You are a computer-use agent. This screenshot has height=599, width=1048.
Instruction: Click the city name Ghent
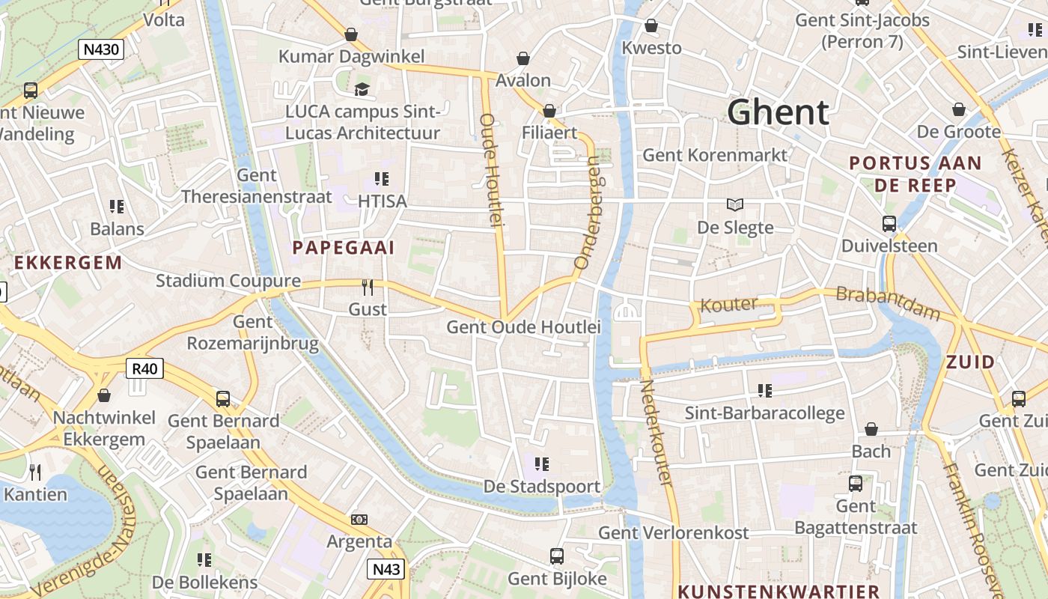(x=778, y=112)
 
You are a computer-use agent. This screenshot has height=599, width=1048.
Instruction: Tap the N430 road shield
(x=101, y=49)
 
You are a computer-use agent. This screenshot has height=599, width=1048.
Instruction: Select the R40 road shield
(x=145, y=368)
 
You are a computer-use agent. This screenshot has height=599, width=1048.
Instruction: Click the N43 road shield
(x=386, y=569)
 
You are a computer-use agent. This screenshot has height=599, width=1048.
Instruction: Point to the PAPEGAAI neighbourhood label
(x=343, y=248)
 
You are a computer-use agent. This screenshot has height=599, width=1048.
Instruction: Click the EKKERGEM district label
(x=68, y=263)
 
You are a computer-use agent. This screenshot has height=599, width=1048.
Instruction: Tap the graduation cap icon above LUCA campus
(x=362, y=90)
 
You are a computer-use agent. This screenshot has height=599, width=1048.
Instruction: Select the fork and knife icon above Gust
(x=368, y=288)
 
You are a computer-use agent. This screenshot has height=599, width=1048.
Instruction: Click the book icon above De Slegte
(x=735, y=204)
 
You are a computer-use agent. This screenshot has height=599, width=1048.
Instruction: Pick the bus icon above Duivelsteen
(x=889, y=223)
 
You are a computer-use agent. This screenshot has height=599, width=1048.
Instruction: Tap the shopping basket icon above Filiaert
(x=549, y=111)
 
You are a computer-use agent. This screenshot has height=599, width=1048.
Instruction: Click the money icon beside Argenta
(x=359, y=519)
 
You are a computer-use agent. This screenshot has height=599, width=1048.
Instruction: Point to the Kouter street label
(x=728, y=304)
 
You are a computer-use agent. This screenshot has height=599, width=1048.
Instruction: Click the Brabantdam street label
(x=887, y=301)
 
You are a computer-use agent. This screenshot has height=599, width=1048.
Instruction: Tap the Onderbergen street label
(x=588, y=213)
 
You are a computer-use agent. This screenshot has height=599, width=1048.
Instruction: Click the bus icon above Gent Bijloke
(x=556, y=556)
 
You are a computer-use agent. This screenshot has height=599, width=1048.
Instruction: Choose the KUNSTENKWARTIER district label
(x=779, y=591)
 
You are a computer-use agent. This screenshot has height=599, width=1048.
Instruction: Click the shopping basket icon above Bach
(x=871, y=429)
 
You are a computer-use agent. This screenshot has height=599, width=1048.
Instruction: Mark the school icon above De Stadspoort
(x=542, y=464)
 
